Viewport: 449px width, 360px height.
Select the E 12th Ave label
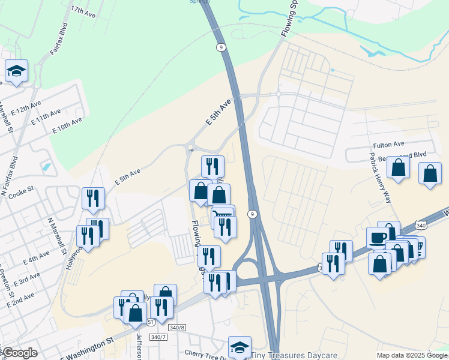26,107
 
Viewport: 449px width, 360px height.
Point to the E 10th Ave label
67,125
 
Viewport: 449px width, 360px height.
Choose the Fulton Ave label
389,145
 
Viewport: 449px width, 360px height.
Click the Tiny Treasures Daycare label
294,355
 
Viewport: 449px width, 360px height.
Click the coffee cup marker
377,236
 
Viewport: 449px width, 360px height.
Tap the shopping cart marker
223,214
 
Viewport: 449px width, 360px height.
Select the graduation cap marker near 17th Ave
16,71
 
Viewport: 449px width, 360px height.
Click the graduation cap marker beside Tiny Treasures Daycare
240,346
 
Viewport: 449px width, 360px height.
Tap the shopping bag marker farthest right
430,173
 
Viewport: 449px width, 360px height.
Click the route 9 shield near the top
221,46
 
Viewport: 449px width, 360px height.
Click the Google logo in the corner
19,353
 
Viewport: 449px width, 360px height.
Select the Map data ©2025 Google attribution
412,355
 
